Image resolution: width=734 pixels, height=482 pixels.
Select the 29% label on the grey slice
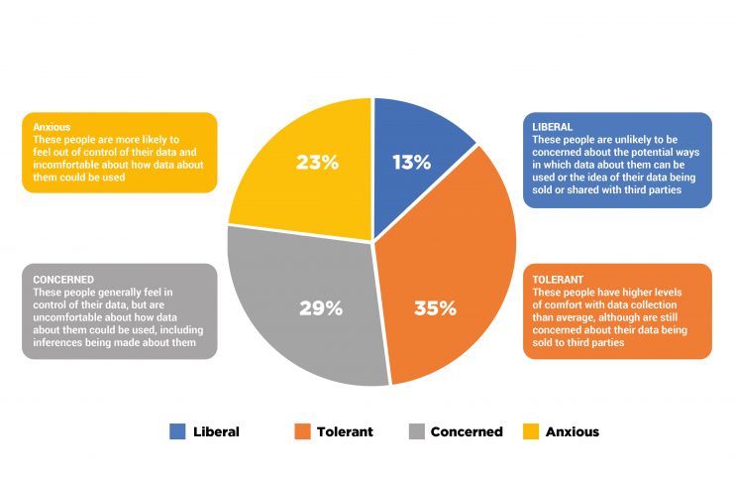[x=320, y=307]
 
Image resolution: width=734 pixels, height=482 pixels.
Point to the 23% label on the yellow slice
[x=317, y=162]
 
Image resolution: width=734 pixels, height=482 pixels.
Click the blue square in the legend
[x=177, y=431]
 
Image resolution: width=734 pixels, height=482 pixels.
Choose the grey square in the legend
[x=417, y=431]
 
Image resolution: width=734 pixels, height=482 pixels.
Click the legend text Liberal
[x=217, y=431]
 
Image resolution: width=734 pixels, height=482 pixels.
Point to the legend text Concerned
[x=467, y=431]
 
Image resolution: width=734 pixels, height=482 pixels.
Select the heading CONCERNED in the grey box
[x=64, y=279]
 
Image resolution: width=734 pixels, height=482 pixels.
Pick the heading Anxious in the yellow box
[x=51, y=126]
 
